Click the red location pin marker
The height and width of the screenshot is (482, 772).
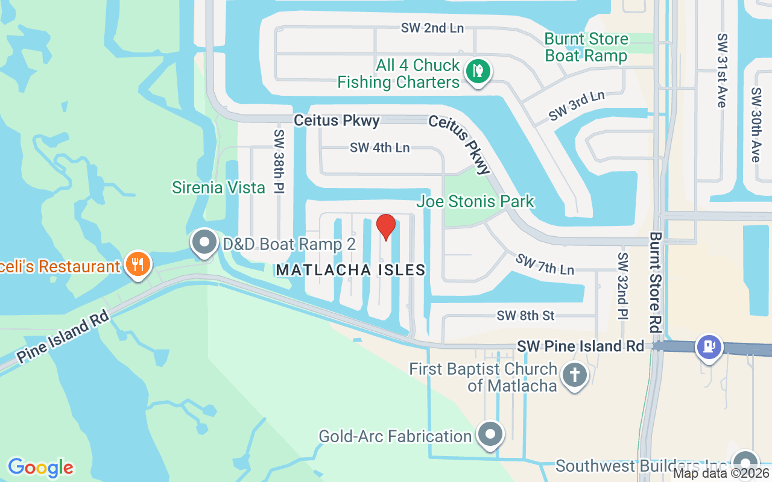coord(385,227)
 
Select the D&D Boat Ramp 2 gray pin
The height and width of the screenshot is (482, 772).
coord(204,242)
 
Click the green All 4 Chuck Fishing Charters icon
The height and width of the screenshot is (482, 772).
coord(478,70)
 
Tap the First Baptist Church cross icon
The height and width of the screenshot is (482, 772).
coord(574,375)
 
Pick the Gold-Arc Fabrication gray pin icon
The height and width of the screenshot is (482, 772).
coord(490,434)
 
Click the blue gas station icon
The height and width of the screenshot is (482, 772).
coord(709,346)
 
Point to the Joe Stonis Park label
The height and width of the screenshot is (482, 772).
coord(475,201)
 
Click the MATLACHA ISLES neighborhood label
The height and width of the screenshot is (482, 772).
coord(350,270)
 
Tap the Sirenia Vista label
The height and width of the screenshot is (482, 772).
coord(218,187)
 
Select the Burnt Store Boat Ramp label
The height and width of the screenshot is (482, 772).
coord(586,48)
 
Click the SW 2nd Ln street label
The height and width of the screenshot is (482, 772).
coord(432,28)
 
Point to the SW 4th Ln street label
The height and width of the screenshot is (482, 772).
coord(379,147)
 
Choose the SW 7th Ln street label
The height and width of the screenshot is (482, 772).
coord(544,263)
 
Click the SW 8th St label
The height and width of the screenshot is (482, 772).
coord(525,315)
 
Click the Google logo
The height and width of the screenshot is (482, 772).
coord(40,468)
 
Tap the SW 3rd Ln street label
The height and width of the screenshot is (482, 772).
coord(577,105)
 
